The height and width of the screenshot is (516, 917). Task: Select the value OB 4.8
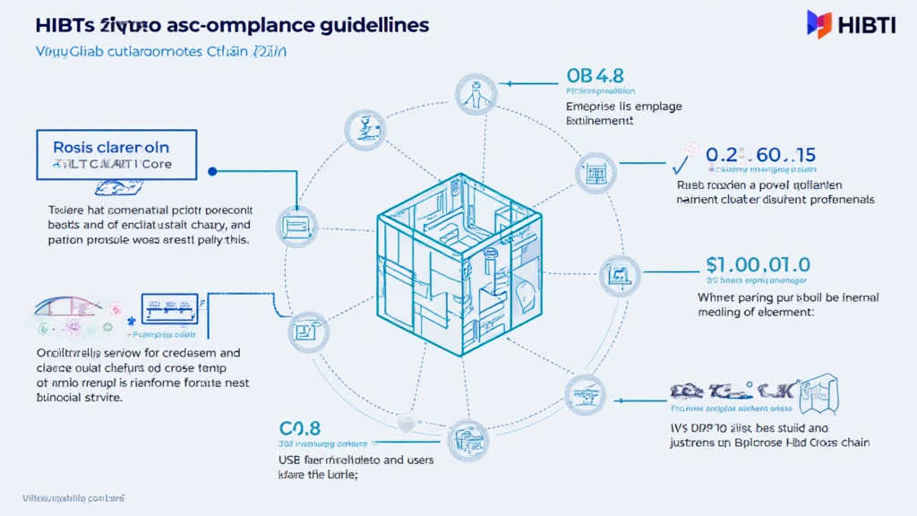(x=592, y=74)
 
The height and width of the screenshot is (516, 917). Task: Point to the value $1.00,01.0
(x=758, y=265)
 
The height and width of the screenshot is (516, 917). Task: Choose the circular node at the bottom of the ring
(x=467, y=441)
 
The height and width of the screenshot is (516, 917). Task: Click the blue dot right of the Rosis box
(x=212, y=170)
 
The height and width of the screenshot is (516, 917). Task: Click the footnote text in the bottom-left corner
(x=73, y=496)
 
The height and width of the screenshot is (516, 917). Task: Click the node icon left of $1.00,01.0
(x=619, y=276)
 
